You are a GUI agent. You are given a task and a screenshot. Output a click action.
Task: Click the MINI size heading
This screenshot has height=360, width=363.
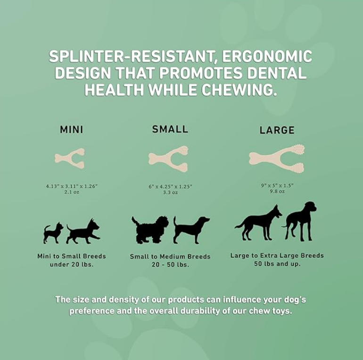click(x=72, y=129)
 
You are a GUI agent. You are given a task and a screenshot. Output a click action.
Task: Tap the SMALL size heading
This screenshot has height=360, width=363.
click(x=170, y=129)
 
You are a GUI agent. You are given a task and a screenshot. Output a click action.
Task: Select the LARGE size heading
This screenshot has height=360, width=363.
click(x=277, y=130)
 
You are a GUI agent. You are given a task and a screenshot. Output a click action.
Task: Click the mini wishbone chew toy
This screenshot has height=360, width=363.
click(x=70, y=159)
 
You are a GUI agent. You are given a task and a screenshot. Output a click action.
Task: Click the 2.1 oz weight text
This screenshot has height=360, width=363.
click(x=72, y=192)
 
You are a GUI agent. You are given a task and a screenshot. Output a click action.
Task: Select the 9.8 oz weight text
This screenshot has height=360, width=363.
click(x=277, y=191)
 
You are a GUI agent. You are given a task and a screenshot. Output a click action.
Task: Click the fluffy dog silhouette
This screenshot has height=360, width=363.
click(x=149, y=229)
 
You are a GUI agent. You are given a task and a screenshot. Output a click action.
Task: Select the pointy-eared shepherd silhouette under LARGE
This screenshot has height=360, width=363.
click(x=258, y=222)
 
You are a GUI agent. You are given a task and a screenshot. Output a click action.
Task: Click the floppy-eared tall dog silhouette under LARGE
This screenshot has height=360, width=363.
click(x=300, y=221)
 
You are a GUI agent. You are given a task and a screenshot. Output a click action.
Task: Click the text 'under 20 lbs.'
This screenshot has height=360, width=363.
click(x=72, y=264)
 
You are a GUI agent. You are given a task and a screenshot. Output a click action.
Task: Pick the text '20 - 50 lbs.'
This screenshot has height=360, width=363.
click(x=170, y=265)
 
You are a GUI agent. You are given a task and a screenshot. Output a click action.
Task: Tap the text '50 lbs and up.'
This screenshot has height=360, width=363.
click(x=277, y=263)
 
